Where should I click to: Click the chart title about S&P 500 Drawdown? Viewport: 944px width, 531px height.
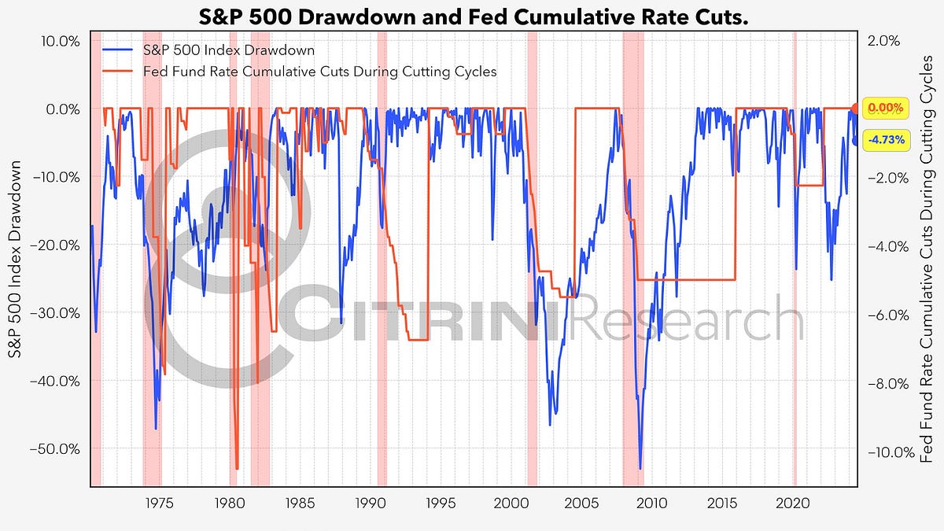click(472, 15)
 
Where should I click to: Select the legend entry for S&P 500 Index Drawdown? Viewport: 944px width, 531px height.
click(229, 50)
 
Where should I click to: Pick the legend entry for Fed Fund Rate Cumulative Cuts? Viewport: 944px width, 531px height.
click(319, 71)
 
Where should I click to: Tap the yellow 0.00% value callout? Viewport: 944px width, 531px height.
click(886, 108)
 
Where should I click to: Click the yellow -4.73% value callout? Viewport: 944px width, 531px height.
click(886, 141)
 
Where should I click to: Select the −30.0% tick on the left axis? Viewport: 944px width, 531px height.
click(57, 312)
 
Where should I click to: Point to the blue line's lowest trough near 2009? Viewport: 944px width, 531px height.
click(640, 469)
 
